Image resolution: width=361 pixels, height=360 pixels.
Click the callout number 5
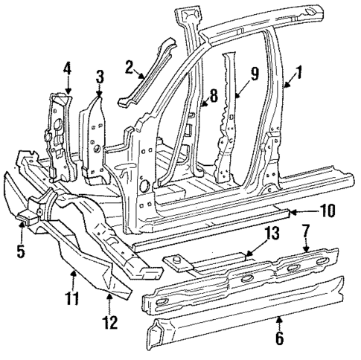(21, 250)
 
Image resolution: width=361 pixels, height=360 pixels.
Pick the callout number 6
(279, 338)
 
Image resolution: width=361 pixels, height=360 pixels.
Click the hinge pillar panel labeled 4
(58, 134)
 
